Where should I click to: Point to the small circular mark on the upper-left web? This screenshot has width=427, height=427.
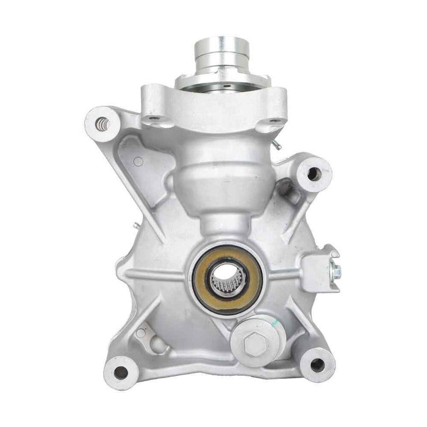138,162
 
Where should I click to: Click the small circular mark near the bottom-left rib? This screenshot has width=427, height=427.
141,333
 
